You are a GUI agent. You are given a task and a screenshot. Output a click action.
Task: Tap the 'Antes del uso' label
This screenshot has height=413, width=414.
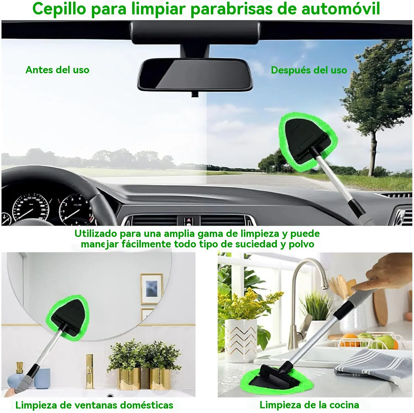point(57,70)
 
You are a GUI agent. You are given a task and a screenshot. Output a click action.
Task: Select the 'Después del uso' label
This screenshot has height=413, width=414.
point(309,70)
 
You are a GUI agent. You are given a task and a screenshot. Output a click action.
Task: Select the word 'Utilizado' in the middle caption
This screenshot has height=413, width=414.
point(96,234)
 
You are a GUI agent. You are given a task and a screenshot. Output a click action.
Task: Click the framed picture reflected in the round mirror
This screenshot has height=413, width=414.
point(151,289)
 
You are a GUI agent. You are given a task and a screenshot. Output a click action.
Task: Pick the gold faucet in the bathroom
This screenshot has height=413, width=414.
point(90,372)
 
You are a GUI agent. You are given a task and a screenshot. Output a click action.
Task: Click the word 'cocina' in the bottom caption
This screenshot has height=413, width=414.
point(344,405)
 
